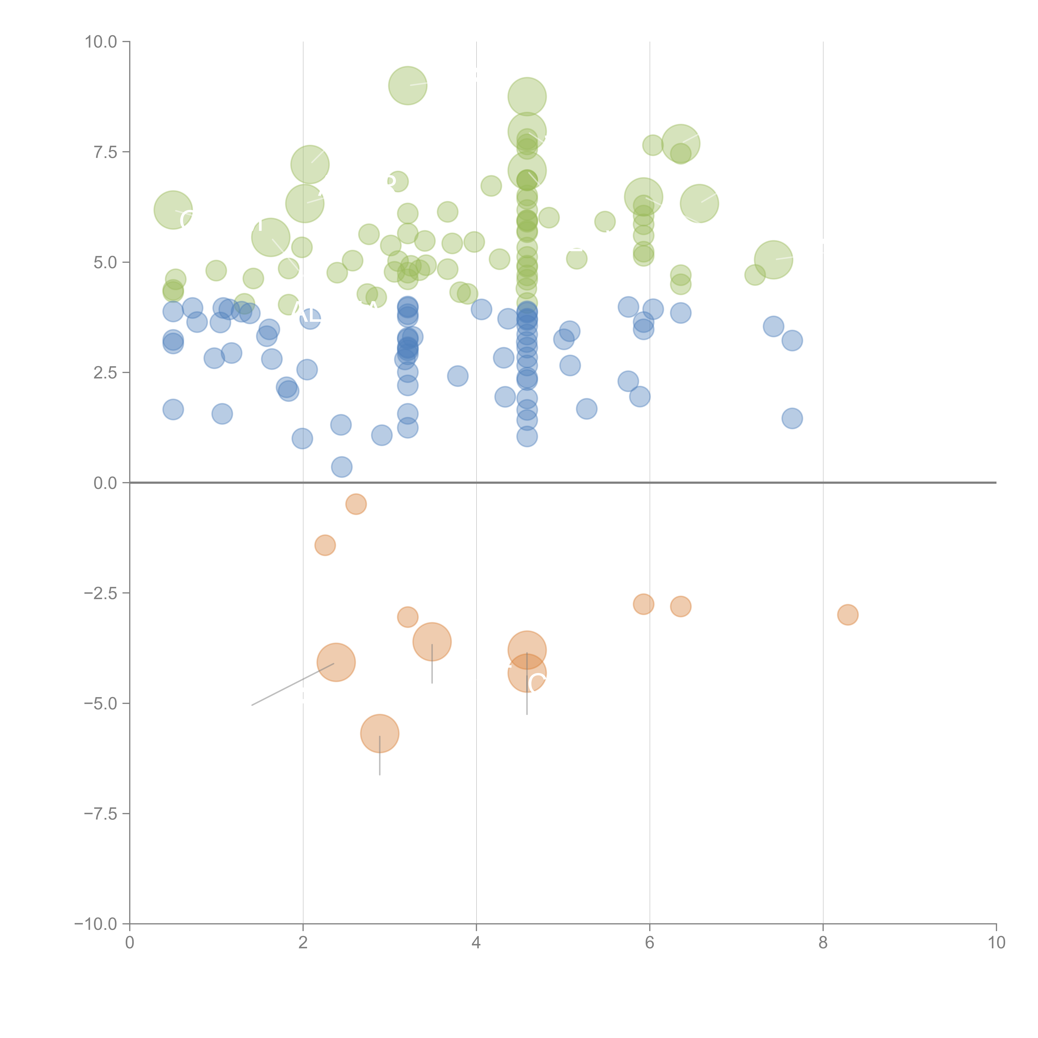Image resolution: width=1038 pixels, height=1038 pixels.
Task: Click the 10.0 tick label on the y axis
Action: coord(101,42)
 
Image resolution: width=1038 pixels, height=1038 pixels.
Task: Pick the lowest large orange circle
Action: coord(380,733)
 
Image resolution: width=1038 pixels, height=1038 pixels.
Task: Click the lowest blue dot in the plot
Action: coord(342,467)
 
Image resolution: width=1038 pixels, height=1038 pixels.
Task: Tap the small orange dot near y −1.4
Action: coord(325,545)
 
